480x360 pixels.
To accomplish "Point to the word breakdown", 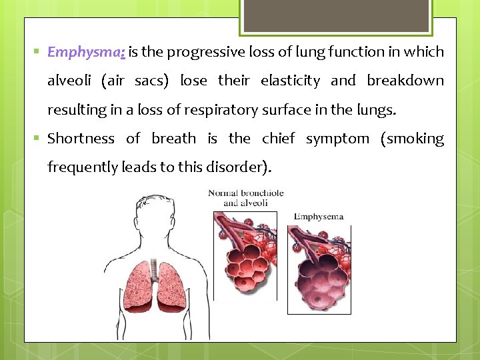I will tap(405, 81).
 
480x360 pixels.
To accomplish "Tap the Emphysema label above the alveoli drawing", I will tap(318, 217).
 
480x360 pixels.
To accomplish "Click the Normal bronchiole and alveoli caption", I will tap(245, 198).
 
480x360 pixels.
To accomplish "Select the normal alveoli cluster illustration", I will tap(243, 260).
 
